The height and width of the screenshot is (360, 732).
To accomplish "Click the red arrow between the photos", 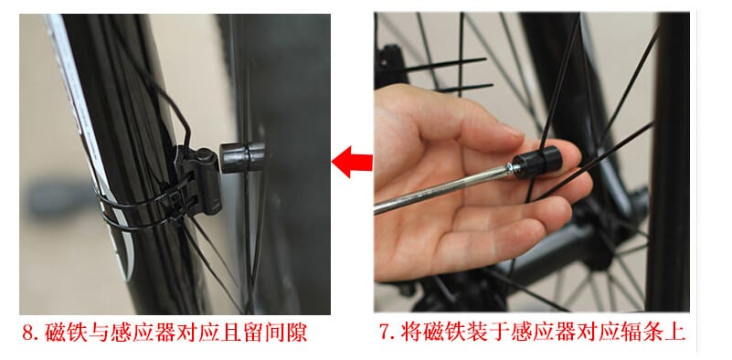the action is (x=352, y=162).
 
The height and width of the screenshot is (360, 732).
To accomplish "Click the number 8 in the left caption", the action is (x=28, y=333).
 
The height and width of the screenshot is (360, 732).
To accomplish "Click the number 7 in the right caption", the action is (x=385, y=332).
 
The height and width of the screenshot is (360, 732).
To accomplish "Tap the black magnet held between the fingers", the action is (x=536, y=162).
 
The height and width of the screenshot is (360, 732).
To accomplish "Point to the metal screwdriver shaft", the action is (x=441, y=189).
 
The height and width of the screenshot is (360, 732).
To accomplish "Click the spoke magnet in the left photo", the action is (x=242, y=157).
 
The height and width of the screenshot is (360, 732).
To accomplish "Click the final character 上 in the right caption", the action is (x=675, y=332).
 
